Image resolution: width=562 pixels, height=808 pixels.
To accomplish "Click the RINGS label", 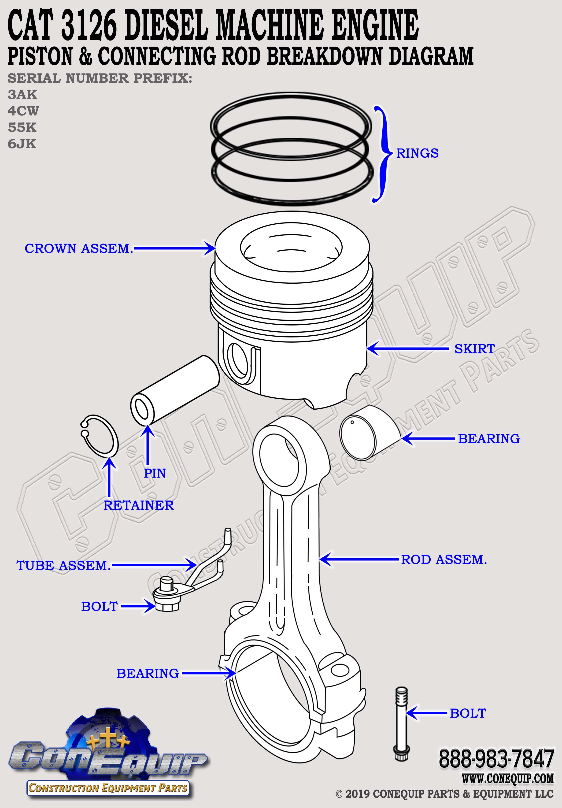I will pyautogui.click(x=417, y=153).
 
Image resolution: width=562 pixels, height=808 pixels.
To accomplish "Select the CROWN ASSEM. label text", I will pyautogui.click(x=79, y=249).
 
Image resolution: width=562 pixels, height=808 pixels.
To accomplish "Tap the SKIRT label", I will pyautogui.click(x=474, y=349).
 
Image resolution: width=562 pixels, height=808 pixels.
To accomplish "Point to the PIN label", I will pyautogui.click(x=155, y=473).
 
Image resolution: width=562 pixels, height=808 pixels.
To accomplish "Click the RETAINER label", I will pyautogui.click(x=139, y=505).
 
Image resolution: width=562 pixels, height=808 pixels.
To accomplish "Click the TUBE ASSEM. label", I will pyautogui.click(x=64, y=566).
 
